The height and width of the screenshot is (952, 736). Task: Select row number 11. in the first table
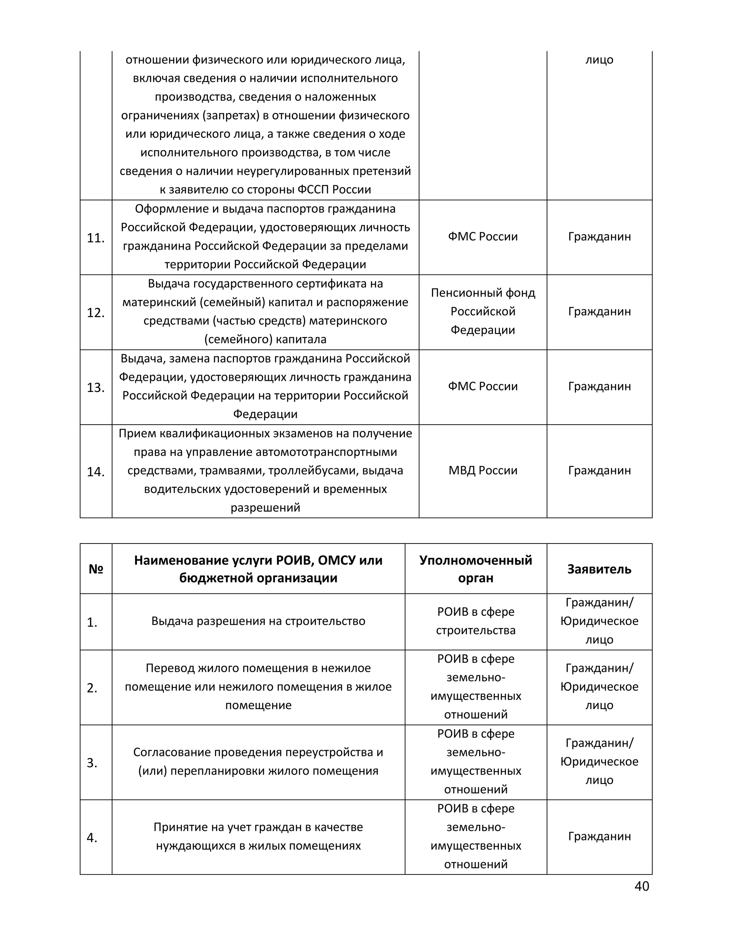(x=96, y=238)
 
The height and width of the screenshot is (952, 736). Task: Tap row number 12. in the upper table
(x=96, y=313)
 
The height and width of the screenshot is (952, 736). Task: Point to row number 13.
(x=96, y=388)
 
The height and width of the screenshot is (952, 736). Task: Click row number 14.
(x=96, y=472)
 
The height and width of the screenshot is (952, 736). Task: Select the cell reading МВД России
(x=483, y=470)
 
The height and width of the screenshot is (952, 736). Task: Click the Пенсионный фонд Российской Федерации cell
(x=483, y=311)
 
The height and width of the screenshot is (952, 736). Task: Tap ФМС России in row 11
(x=483, y=236)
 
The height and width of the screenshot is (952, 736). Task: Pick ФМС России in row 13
(x=483, y=386)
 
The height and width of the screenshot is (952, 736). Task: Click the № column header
(x=96, y=569)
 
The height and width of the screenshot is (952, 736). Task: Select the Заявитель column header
(x=599, y=569)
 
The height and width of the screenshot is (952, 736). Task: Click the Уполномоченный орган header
(x=476, y=569)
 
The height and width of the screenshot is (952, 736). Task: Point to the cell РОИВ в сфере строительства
(x=476, y=621)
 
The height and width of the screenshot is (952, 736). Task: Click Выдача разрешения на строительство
(x=258, y=621)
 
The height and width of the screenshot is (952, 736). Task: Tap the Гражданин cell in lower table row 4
(x=599, y=836)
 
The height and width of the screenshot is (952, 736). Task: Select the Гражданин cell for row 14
(x=599, y=470)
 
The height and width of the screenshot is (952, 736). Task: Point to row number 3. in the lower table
(x=92, y=763)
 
